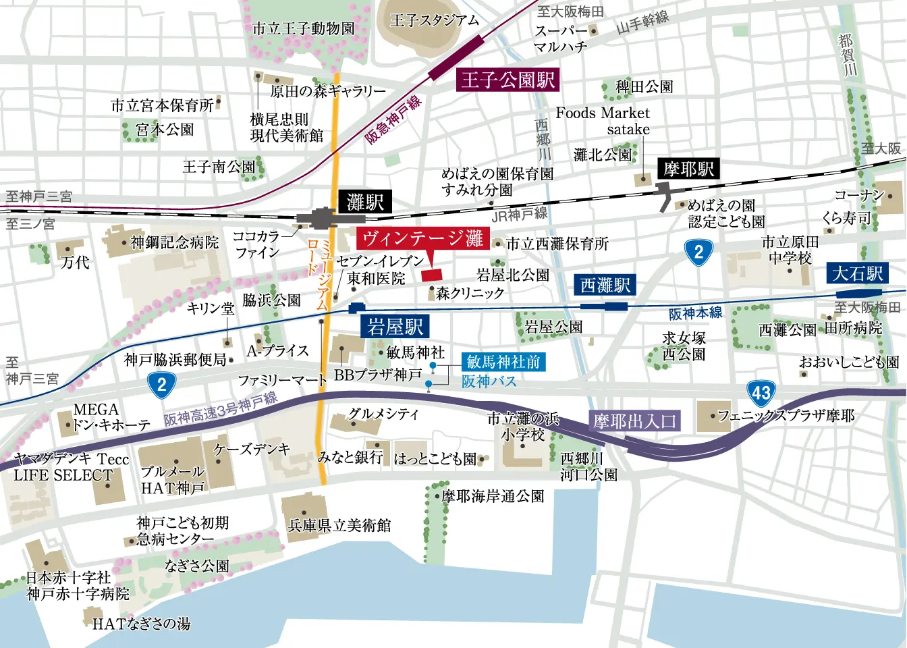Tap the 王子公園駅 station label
tap(508, 80)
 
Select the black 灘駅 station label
tap(365, 201)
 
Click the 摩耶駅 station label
tap(688, 169)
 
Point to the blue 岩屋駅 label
tap(395, 327)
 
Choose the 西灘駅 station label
tap(605, 285)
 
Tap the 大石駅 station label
tap(858, 273)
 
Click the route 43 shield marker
tap(761, 393)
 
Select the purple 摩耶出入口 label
tap(634, 422)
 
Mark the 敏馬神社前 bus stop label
tap(503, 362)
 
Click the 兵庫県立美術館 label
tap(339, 525)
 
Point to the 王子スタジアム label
tap(435, 20)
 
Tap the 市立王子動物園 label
tap(303, 28)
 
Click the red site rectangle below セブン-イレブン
tap(431, 275)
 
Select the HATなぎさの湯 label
tap(141, 624)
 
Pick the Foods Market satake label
tap(603, 121)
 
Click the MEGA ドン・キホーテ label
tap(111, 417)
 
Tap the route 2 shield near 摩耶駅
tap(698, 253)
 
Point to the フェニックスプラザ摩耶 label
tap(786, 416)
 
